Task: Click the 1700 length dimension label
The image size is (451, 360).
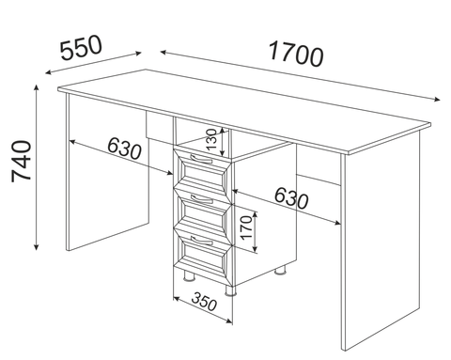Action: coord(296,55)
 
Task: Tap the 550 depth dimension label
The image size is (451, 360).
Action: coord(81,47)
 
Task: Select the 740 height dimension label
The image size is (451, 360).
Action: coord(22,161)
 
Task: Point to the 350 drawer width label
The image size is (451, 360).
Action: coord(204,302)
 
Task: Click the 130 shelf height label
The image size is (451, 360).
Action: coord(210,140)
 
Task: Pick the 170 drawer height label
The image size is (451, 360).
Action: coord(247,227)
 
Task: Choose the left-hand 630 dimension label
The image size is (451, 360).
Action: coord(124,149)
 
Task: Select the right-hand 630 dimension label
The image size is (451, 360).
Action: coord(291,198)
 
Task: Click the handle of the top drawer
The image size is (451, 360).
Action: coord(201,160)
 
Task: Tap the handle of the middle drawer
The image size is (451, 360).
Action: coord(202,199)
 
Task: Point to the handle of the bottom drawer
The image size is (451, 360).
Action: coord(202,241)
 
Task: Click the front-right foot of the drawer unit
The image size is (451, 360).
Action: coord(230,290)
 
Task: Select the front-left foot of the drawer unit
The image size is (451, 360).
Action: coord(189,276)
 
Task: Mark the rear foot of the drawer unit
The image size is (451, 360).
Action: coord(280,271)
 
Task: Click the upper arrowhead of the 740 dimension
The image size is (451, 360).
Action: coord(37,87)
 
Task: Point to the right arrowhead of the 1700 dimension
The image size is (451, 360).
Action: coord(437,100)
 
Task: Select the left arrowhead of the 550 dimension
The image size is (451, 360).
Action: coord(49,72)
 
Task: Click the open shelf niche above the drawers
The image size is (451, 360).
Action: coord(202,138)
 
